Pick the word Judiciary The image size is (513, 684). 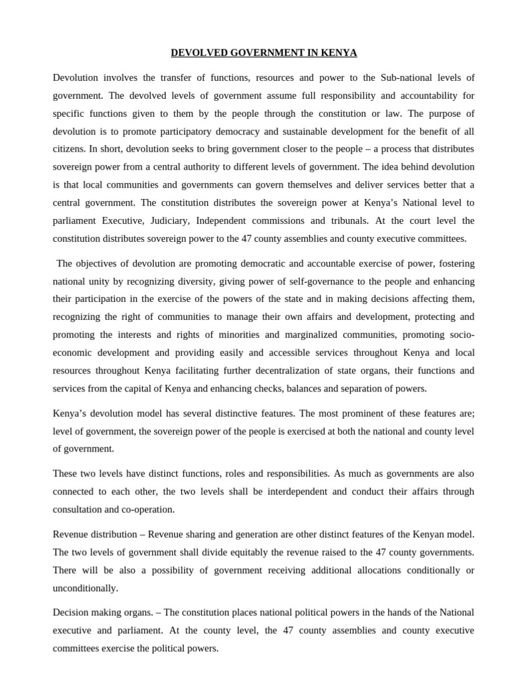click(x=177, y=220)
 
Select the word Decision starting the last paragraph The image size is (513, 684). click(x=70, y=613)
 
